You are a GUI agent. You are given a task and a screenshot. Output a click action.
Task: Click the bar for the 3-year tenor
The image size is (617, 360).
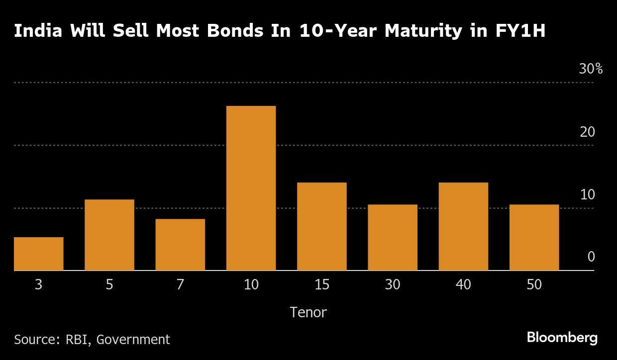(x=38, y=254)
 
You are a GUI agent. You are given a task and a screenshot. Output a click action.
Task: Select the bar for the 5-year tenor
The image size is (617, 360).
(x=109, y=235)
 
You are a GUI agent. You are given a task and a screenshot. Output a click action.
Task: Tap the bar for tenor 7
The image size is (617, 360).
(x=180, y=245)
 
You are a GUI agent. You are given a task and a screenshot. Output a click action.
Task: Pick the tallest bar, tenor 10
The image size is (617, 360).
(x=251, y=188)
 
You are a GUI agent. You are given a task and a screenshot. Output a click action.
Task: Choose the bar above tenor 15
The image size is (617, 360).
(x=322, y=226)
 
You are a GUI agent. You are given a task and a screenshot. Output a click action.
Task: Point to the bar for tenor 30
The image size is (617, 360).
(x=393, y=237)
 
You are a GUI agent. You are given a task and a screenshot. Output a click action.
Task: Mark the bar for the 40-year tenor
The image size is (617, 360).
(x=463, y=226)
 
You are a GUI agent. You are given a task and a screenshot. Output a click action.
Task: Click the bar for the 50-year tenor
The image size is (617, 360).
(x=534, y=237)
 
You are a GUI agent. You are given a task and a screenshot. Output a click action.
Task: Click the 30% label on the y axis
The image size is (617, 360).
(x=591, y=69)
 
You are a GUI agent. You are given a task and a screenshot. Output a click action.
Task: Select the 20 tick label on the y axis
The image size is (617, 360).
(x=587, y=132)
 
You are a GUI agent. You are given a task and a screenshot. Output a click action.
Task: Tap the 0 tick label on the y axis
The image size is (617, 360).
(x=591, y=257)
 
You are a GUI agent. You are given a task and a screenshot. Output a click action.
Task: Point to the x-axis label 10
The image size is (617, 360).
(x=251, y=284)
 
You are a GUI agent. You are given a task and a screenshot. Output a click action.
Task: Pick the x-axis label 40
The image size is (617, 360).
(x=463, y=284)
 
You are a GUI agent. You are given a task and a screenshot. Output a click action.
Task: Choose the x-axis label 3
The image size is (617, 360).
(x=38, y=284)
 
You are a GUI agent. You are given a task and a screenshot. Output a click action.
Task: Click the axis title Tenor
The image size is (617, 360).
(x=308, y=312)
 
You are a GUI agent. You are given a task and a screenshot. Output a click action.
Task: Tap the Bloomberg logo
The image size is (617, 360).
(x=562, y=338)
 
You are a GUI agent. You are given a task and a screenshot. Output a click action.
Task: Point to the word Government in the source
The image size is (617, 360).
(x=133, y=340)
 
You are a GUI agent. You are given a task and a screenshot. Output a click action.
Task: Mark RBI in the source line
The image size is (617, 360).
(x=78, y=340)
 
